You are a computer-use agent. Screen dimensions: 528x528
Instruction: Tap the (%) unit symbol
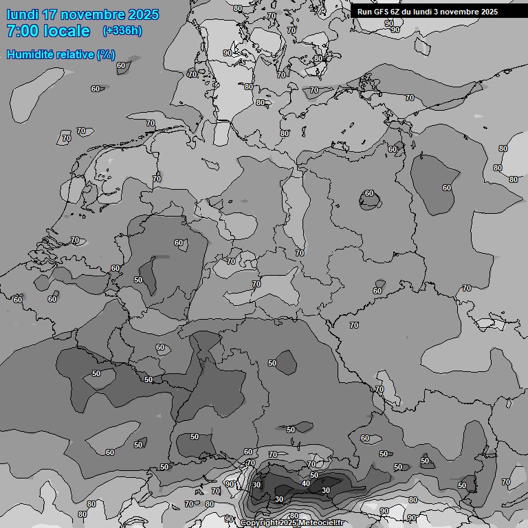[x=106, y=54]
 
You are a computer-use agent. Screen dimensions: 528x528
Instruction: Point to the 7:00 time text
[x=22, y=31]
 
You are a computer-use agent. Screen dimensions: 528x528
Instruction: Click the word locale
[x=66, y=31]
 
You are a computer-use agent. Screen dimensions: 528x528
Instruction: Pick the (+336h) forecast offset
[x=122, y=31]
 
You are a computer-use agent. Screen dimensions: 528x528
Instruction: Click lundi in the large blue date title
[x=23, y=14]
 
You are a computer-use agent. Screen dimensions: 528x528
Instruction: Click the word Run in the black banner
[x=365, y=12]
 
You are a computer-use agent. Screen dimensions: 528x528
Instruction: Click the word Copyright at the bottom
[x=258, y=523]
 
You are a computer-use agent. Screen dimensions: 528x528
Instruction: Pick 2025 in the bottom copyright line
[x=288, y=523]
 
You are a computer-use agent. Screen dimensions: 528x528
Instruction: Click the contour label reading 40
[x=306, y=484]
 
